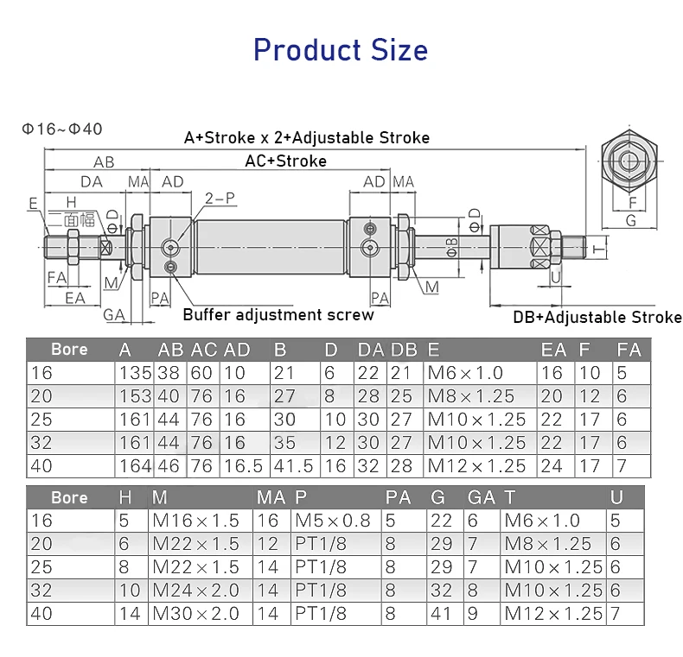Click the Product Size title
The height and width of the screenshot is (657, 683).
click(x=341, y=50)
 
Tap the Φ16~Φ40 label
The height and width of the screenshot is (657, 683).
click(x=62, y=130)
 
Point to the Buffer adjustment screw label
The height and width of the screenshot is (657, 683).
click(x=278, y=314)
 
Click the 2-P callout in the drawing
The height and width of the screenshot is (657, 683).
click(x=220, y=199)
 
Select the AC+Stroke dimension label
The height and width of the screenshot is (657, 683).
click(x=286, y=161)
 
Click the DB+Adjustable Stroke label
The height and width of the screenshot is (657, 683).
click(x=597, y=317)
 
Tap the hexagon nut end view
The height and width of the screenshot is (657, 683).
click(x=629, y=161)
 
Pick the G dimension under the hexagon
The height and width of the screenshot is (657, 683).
click(x=631, y=221)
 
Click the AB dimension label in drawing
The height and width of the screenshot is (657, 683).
click(x=104, y=162)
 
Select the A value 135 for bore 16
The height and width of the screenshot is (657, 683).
click(x=135, y=373)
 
